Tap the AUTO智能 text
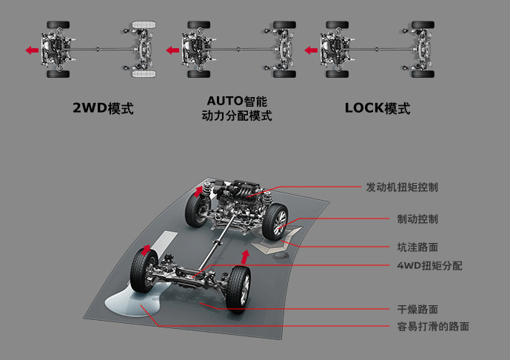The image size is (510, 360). [x=237, y=100]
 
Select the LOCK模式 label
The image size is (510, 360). [x=377, y=108]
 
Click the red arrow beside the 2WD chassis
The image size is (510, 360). [x=31, y=50]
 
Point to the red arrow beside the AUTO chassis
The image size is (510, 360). [x=172, y=50]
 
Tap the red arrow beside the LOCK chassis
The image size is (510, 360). [x=311, y=50]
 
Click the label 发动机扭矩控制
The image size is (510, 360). [x=402, y=187]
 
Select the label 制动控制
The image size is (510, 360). [x=417, y=219]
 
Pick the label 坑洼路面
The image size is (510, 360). [x=417, y=247]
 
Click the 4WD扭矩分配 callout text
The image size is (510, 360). [x=429, y=265]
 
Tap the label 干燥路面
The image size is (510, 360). [x=417, y=309]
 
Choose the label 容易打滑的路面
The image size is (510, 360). [x=433, y=326]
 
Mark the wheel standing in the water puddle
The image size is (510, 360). [x=142, y=270]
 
